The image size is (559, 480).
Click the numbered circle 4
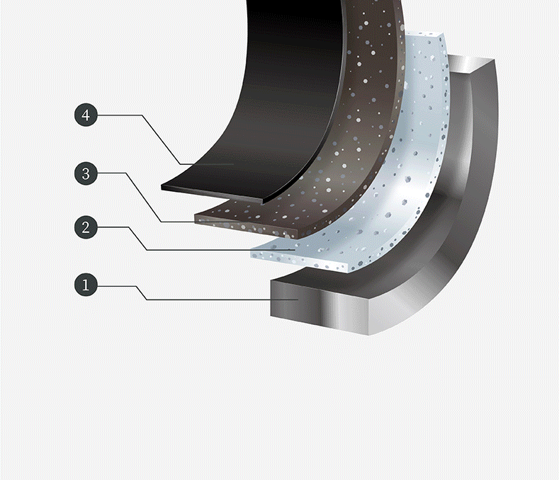(86, 115)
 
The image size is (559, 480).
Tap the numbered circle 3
(86, 173)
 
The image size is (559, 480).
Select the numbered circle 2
(86, 227)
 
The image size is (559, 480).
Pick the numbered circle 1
(86, 285)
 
